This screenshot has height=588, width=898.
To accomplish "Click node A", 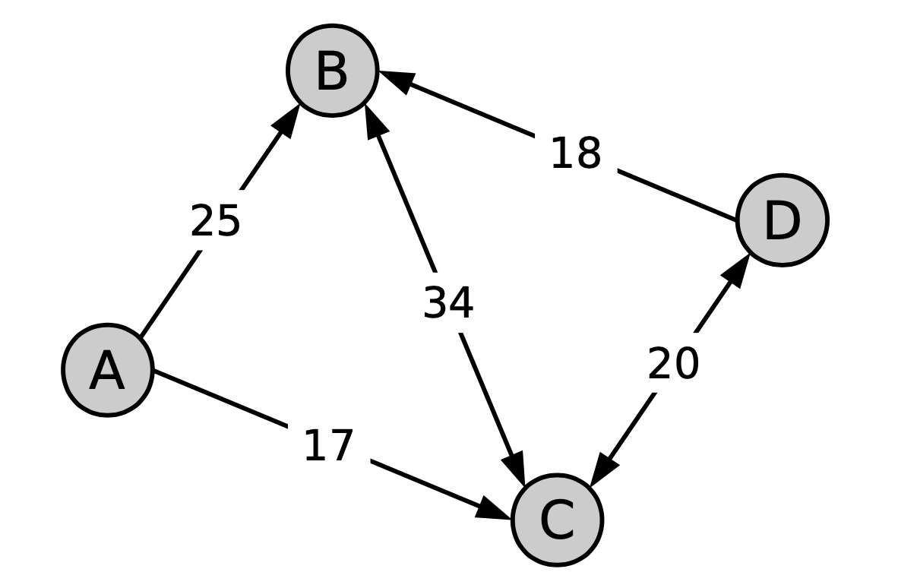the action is pyautogui.click(x=107, y=370).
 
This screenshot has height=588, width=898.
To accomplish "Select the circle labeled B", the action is pyautogui.click(x=332, y=71).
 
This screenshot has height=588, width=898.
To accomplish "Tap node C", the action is pyautogui.click(x=557, y=520).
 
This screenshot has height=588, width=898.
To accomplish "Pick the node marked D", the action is pyautogui.click(x=783, y=220).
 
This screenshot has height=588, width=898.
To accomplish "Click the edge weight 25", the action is pyautogui.click(x=215, y=220).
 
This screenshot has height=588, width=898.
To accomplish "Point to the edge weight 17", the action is pyautogui.click(x=328, y=445).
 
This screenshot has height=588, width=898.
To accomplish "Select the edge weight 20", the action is pyautogui.click(x=673, y=363).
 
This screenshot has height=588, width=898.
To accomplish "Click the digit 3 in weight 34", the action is pyautogui.click(x=435, y=302).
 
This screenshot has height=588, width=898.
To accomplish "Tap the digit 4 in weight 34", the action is pyautogui.click(x=461, y=302).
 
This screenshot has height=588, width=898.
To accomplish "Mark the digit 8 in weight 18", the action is pyautogui.click(x=588, y=153).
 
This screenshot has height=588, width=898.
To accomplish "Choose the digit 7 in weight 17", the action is pyautogui.click(x=341, y=445).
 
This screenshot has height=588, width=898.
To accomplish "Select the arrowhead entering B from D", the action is pyautogui.click(x=397, y=81).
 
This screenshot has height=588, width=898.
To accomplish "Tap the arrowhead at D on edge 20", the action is pyautogui.click(x=736, y=270).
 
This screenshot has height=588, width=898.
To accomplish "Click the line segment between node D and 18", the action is pyautogui.click(x=677, y=195).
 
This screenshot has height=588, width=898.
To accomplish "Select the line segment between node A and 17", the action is pyautogui.click(x=220, y=398).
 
